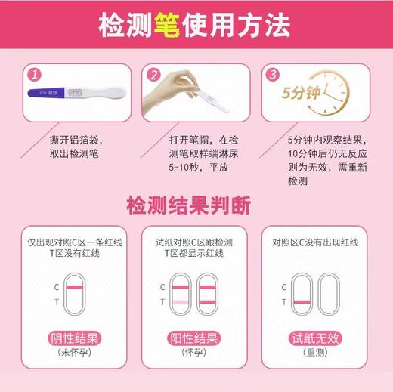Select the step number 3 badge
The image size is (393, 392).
coord(273,75)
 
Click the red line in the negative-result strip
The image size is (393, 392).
coord(76,287)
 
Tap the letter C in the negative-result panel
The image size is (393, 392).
coord(56,287)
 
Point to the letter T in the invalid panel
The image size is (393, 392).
coord(283,302)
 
